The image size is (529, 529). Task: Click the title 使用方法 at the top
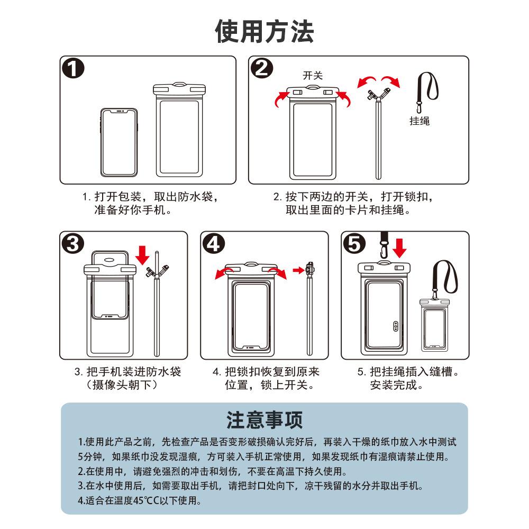[264, 31]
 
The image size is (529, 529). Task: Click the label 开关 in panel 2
[312, 76]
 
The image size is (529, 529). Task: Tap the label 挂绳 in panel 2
[419, 121]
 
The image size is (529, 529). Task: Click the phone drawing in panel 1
[120, 142]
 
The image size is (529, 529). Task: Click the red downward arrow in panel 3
[142, 254]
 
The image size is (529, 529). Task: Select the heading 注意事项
[264, 420]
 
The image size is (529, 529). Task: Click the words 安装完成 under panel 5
[394, 385]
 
